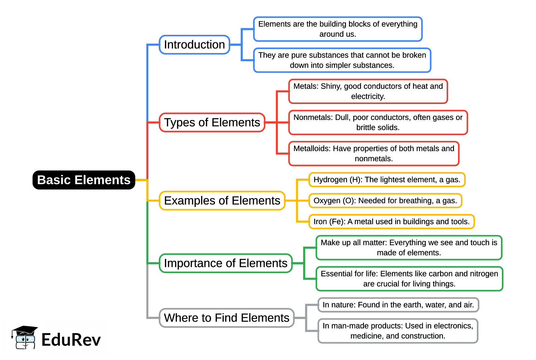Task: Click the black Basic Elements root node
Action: [84, 180]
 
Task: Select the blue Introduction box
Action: [194, 45]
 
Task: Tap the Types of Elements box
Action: [212, 122]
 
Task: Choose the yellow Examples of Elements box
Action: [222, 201]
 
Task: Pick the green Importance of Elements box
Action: [225, 263]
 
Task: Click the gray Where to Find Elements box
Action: [226, 318]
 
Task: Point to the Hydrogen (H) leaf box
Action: [387, 180]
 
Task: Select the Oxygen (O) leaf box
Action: [385, 201]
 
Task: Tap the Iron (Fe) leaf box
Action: [391, 221]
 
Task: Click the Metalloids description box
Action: [374, 153]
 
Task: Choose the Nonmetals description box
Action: [378, 122]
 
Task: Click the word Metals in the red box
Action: [305, 86]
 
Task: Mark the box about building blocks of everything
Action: [338, 29]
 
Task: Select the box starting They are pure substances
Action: [342, 60]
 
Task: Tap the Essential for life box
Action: [409, 279]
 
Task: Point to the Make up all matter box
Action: [409, 247]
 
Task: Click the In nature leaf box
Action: [398, 305]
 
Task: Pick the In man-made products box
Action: [398, 331]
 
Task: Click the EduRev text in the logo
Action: [71, 340]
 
